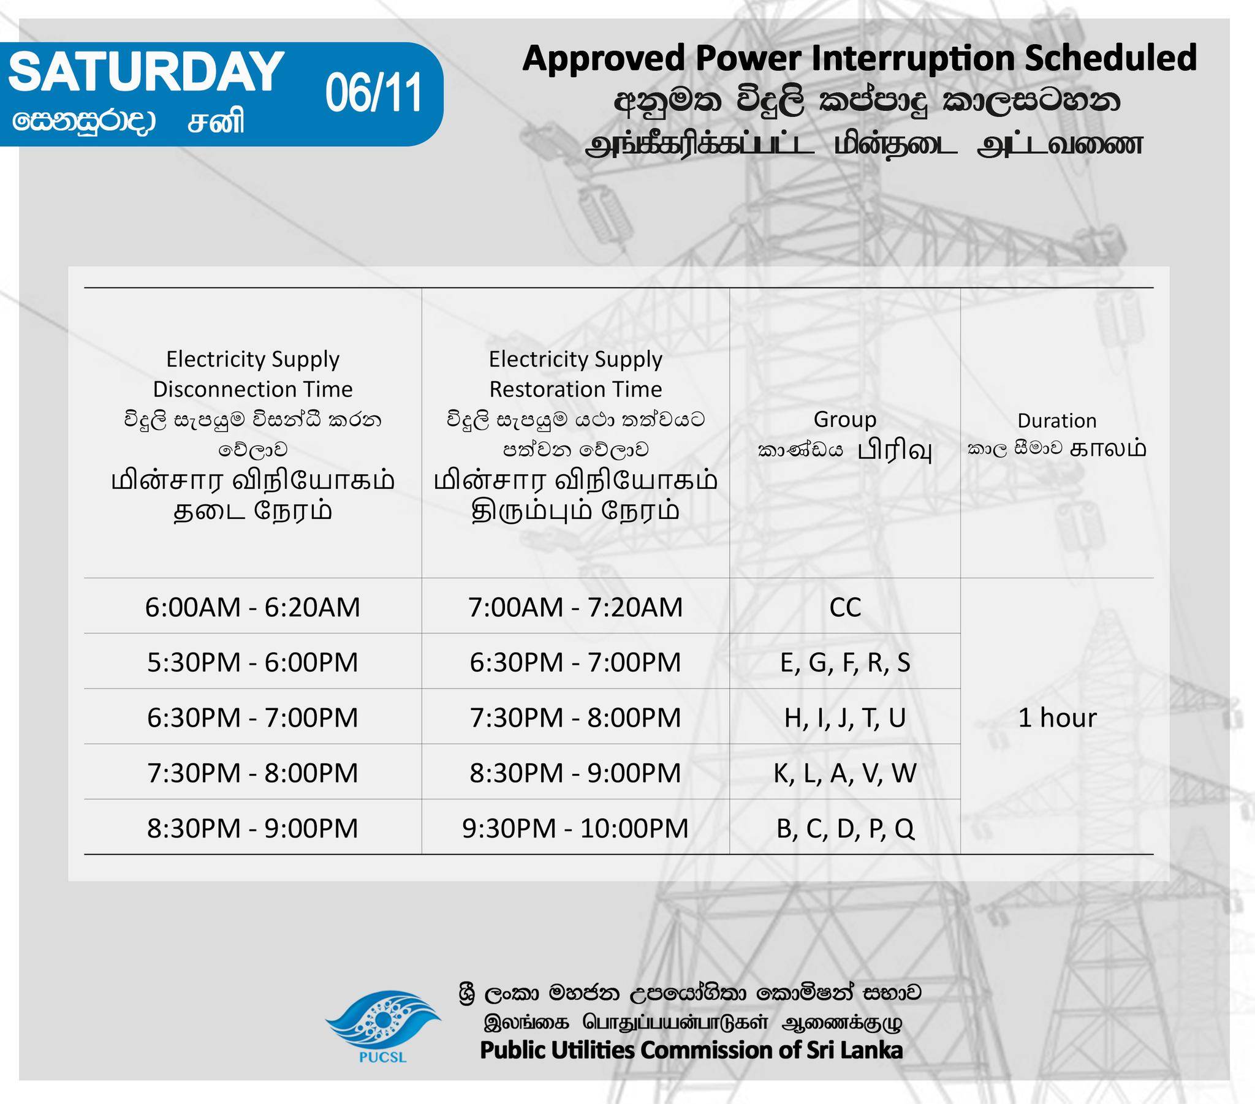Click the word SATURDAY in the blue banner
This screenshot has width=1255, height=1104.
pyautogui.click(x=146, y=72)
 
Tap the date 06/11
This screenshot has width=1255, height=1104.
pyautogui.click(x=374, y=93)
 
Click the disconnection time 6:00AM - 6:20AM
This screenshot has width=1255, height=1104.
pyautogui.click(x=252, y=607)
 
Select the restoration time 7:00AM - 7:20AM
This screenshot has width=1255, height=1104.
pyautogui.click(x=575, y=607)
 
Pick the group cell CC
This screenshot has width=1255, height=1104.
pyautogui.click(x=845, y=607)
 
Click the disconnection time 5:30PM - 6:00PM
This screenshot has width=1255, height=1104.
pyautogui.click(x=252, y=662)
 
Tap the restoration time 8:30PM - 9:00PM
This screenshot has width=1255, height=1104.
pyautogui.click(x=575, y=773)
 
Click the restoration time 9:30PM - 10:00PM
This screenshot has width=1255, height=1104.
pyautogui.click(x=575, y=828)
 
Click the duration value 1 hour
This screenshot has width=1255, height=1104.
pyautogui.click(x=1057, y=717)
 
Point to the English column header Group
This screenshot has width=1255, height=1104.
pyautogui.click(x=845, y=420)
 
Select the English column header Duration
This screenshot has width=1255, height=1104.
pyautogui.click(x=1056, y=421)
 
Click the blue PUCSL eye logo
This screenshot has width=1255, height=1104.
pyautogui.click(x=382, y=1022)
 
